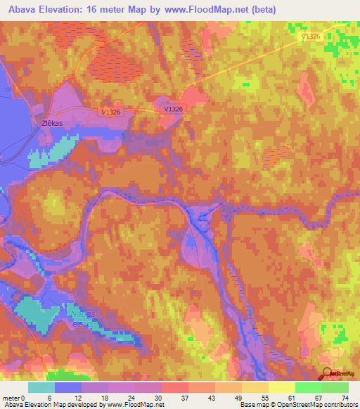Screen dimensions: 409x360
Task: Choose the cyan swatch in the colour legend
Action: click(41, 387)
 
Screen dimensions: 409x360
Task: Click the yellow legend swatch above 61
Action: click(282, 387)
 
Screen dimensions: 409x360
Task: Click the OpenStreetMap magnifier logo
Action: click(326, 374)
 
